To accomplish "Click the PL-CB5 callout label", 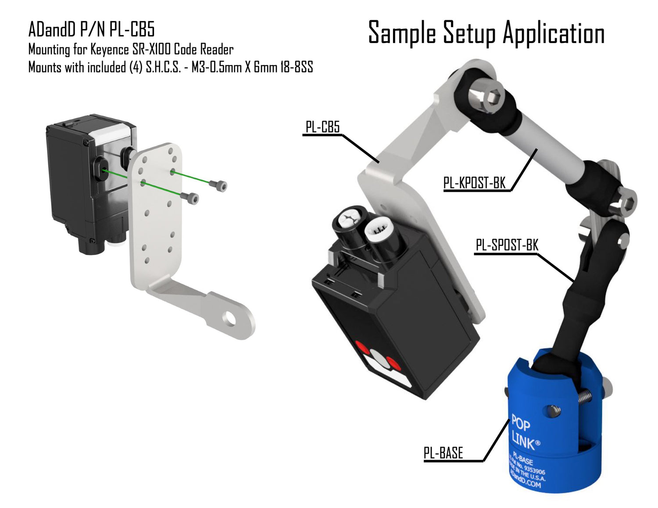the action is [322, 127].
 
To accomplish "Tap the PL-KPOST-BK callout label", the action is [474, 183].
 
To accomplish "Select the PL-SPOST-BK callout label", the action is [507, 245].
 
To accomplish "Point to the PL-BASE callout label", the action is [443, 453].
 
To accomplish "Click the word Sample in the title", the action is [402, 33].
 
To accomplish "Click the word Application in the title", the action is [554, 33].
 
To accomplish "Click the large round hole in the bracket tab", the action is [231, 320].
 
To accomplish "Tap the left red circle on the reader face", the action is [363, 347].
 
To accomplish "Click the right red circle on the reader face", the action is [393, 363].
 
